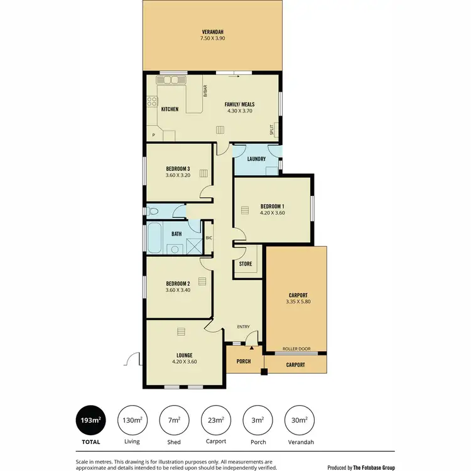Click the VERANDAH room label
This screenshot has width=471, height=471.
pos(213,32)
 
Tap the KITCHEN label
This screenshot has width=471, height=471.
pos(170,109)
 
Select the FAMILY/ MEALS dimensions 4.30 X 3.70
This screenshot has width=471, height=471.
pos(239,111)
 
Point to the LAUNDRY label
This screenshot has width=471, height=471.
pos(256,159)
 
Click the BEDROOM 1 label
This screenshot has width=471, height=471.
pos(273,205)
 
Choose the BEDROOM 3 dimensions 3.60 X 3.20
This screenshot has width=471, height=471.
pos(178,176)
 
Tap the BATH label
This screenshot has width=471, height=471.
pos(177,234)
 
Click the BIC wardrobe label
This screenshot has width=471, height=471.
pos(208,238)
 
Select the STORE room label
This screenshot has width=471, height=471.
pos(246,264)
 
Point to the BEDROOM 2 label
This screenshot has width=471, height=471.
pos(178,283)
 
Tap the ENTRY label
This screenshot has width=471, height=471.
pos(243,327)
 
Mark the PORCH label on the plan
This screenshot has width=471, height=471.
pos(243,362)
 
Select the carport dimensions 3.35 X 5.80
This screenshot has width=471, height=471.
pos(298,301)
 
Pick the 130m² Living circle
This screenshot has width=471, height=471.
pos(133,420)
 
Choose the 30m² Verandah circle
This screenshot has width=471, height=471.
pos(299,420)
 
